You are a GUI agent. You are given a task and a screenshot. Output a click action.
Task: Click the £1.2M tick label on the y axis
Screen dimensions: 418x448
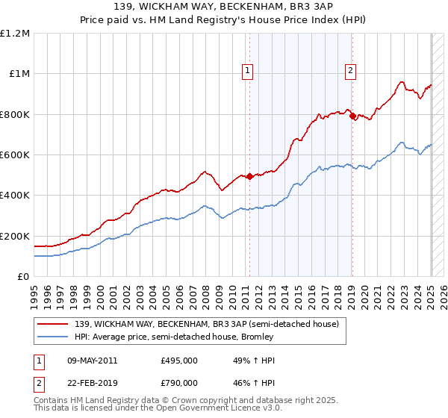pyautogui.click(x=15, y=34)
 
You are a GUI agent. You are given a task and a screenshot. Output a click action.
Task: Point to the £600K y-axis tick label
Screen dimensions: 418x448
pyautogui.click(x=15, y=155)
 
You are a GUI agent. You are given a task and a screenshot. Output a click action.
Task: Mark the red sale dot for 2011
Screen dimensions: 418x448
pyautogui.click(x=249, y=176)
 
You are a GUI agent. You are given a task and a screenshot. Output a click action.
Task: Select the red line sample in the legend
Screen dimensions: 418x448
pyautogui.click(x=53, y=324)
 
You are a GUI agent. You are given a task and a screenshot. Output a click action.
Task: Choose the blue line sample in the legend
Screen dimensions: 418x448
pyautogui.click(x=53, y=337)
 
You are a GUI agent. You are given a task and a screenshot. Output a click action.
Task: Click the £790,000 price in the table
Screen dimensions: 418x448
pyautogui.click(x=179, y=382)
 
